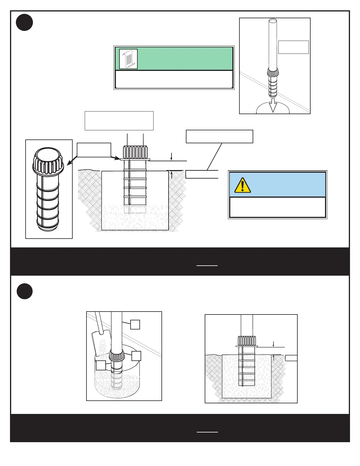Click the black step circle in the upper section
(x=24, y=23)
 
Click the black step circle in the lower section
(x=24, y=291)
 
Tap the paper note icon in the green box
(x=129, y=59)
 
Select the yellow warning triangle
(x=242, y=185)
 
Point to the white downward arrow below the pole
(x=273, y=105)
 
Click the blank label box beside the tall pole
(x=293, y=47)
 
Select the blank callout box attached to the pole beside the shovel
(x=135, y=324)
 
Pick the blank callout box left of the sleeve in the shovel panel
(x=101, y=365)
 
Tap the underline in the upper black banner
(x=207, y=266)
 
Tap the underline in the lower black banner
(x=207, y=432)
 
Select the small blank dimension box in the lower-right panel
(x=291, y=358)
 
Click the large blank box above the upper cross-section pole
(x=119, y=121)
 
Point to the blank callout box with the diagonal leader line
(x=219, y=137)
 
